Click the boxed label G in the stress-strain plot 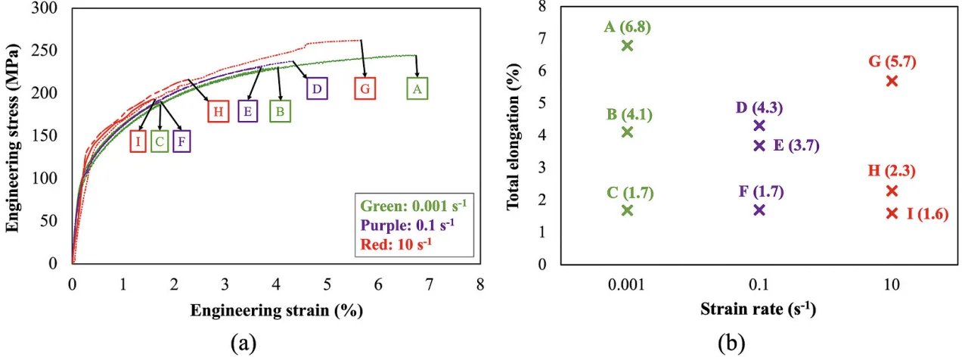pos(365,88)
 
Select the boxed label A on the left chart pos(416,88)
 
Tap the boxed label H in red pos(218,111)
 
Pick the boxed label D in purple pos(317,88)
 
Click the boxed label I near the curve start pos(138,141)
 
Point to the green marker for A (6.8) pos(627,45)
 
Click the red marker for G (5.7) pos(892,81)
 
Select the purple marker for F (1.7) pos(759,210)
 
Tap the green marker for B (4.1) pos(627,132)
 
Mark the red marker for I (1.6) pos(892,213)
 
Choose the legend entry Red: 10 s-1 pos(398,243)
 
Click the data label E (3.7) pos(796,146)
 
